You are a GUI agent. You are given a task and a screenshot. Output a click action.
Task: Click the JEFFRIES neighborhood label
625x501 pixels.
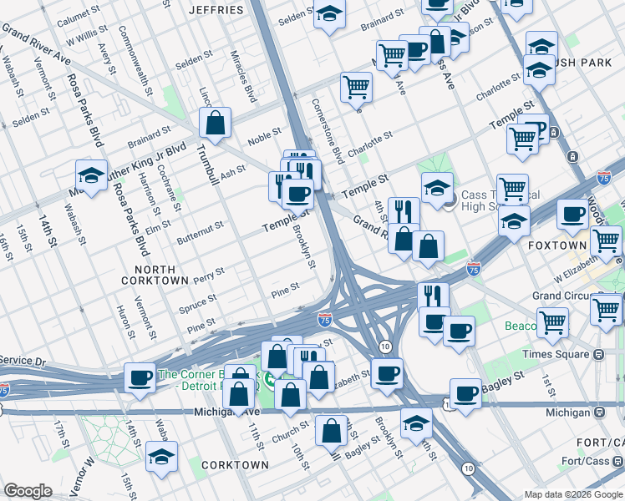click(216, 10)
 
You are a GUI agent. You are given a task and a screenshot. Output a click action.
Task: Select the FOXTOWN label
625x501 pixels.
click(556, 246)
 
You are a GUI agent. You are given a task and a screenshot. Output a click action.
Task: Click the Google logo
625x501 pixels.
click(28, 491)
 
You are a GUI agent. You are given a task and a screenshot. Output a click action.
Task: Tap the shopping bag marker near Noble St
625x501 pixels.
click(216, 123)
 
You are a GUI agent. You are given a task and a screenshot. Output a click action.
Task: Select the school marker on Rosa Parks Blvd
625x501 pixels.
click(92, 175)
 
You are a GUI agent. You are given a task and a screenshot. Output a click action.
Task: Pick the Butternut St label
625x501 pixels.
click(200, 226)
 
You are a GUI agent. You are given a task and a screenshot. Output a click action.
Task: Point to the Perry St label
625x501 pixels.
click(208, 273)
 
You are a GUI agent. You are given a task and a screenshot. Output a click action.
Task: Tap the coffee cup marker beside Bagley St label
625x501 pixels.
click(465, 392)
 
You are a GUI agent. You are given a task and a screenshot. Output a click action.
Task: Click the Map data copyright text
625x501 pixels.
click(572, 494)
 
